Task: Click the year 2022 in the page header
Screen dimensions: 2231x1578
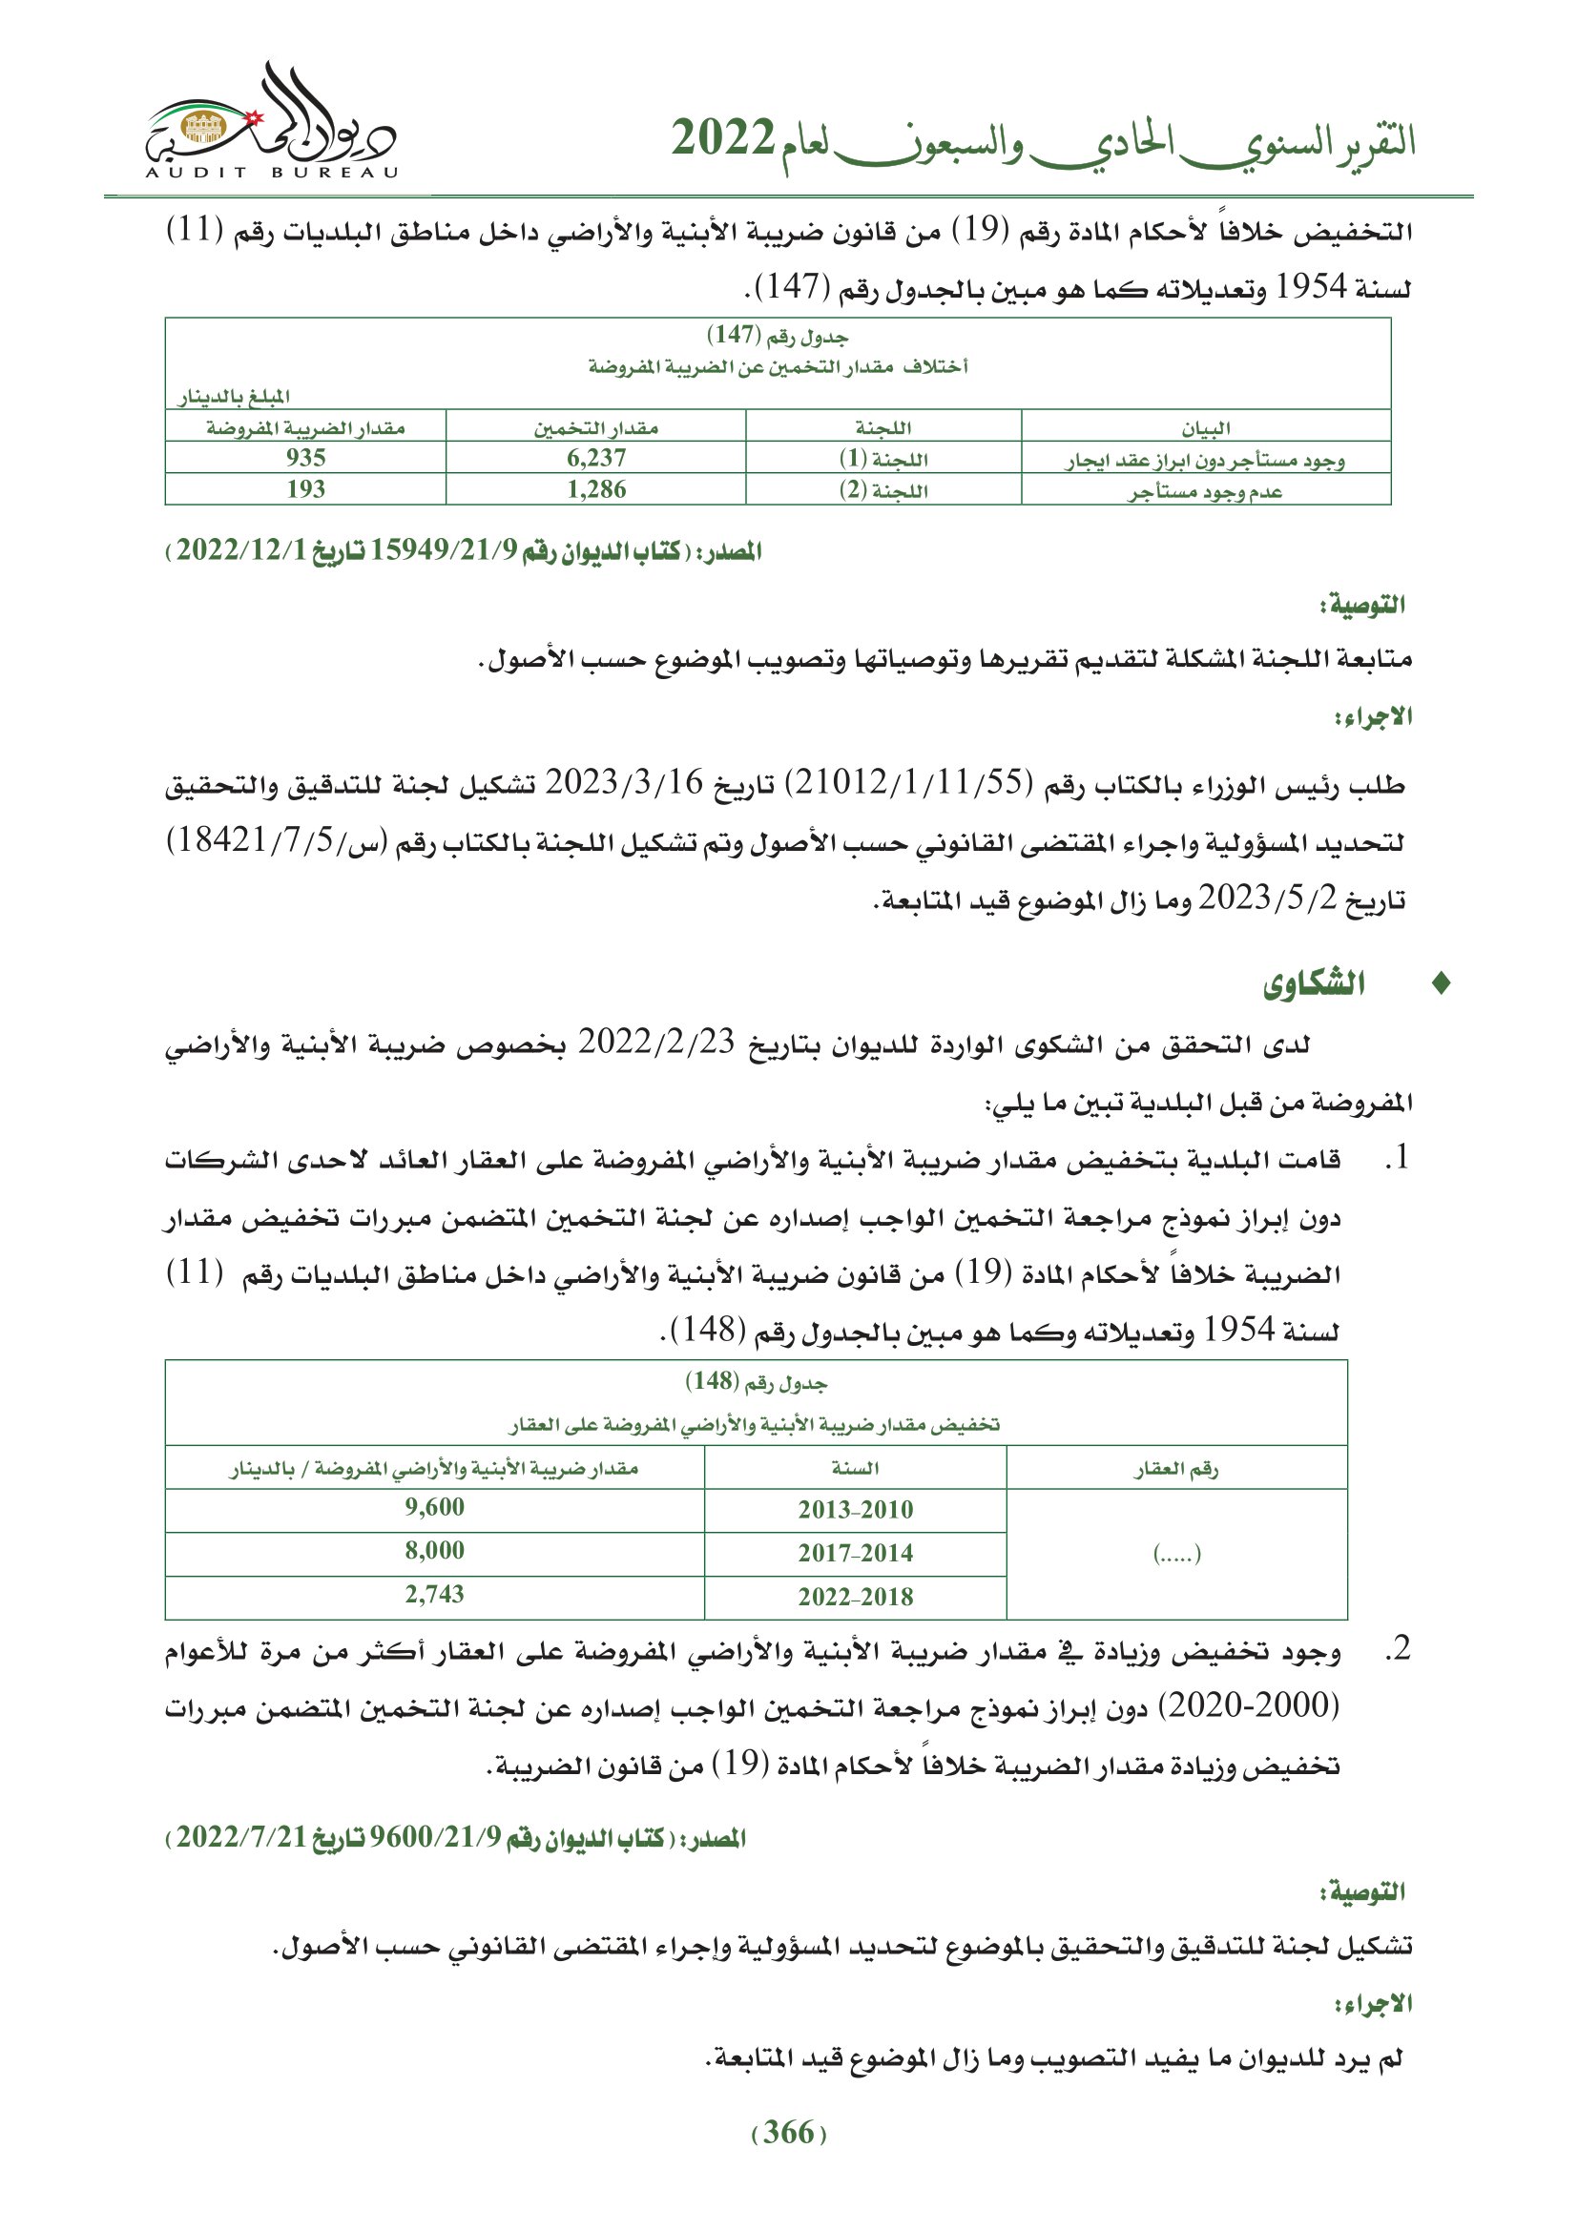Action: [723, 139]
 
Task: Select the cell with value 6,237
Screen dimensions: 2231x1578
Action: [595, 458]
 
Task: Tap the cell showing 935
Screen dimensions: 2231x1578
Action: [305, 458]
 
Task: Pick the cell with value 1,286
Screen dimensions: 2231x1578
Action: [595, 489]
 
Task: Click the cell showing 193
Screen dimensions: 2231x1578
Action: [305, 489]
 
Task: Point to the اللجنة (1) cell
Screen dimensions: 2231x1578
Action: [883, 459]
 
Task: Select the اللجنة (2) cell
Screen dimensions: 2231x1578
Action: [883, 490]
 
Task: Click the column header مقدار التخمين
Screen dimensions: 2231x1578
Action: [595, 427]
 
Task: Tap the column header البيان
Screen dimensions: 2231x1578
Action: [1205, 428]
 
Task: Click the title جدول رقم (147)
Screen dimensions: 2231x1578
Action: [778, 336]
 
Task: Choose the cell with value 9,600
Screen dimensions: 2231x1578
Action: [434, 1507]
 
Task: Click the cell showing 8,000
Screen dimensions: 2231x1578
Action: [434, 1551]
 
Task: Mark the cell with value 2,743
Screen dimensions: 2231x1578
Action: [434, 1594]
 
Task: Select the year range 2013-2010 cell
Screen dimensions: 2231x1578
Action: [855, 1509]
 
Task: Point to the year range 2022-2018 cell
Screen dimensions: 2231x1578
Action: [855, 1597]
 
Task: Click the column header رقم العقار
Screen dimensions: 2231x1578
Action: [1175, 1468]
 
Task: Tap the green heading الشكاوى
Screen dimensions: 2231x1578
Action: [1314, 984]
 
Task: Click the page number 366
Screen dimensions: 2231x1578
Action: [788, 2133]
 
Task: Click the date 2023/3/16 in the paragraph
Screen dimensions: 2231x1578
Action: [636, 782]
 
